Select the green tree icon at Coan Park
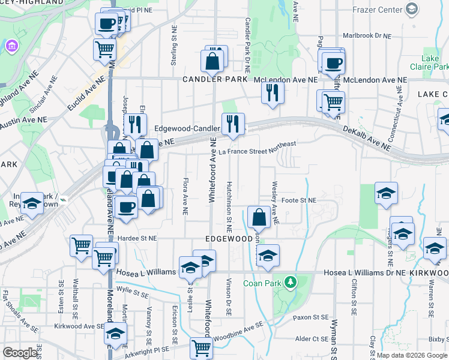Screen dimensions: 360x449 pyautogui.click(x=291, y=281)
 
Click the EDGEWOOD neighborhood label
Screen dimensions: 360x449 pyautogui.click(x=229, y=238)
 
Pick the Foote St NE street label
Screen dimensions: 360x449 pyautogui.click(x=298, y=200)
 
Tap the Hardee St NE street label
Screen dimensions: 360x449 pyautogui.click(x=137, y=238)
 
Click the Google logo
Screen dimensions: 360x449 pyautogui.click(x=20, y=352)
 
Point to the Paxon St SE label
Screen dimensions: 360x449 pyautogui.click(x=311, y=316)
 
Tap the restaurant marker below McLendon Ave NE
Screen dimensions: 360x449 pyautogui.click(x=273, y=92)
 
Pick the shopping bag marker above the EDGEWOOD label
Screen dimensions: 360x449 pyautogui.click(x=259, y=217)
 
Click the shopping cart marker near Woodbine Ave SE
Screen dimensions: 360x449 pyautogui.click(x=200, y=348)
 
